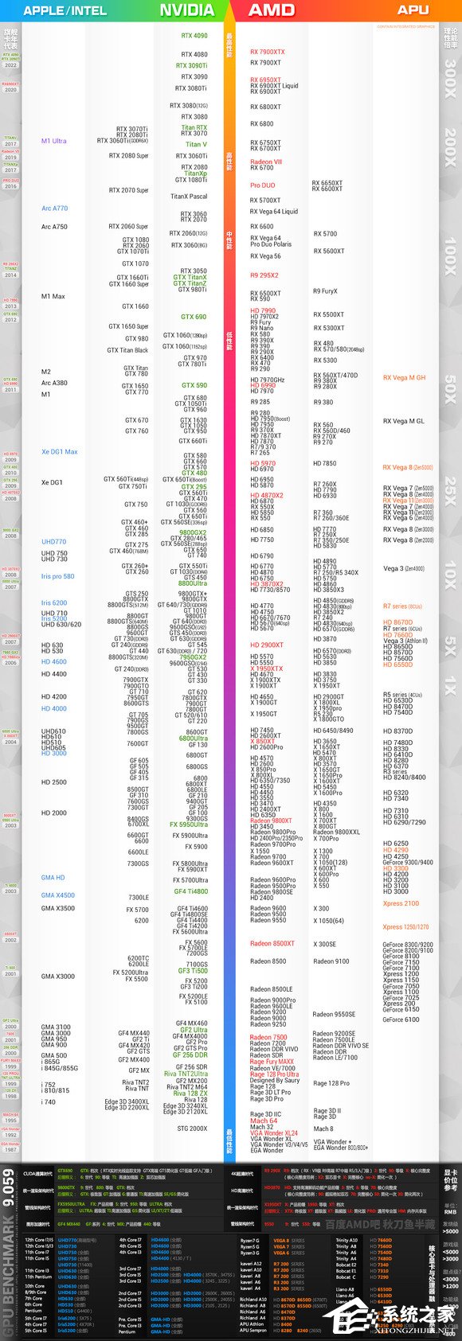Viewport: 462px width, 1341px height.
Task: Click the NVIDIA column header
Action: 186,10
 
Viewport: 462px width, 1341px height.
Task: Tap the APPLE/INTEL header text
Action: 65,11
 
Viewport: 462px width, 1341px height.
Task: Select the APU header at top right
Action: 413,10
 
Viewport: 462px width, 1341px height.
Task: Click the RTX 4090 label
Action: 194,36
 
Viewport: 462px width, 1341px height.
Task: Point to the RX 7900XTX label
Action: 267,53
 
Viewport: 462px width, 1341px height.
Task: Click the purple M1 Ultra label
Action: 54,141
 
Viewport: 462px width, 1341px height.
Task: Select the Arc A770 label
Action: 55,209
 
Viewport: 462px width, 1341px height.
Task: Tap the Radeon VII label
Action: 266,162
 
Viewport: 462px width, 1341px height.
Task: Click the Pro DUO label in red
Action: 262,185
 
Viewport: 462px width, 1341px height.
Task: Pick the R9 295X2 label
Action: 264,275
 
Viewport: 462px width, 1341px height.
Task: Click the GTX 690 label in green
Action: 194,317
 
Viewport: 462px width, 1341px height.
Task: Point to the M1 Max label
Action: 53,297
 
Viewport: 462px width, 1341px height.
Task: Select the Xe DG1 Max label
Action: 60,452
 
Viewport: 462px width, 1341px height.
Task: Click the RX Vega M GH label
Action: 404,378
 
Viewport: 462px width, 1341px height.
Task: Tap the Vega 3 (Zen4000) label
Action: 404,569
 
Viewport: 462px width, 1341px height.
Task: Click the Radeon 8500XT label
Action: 272,944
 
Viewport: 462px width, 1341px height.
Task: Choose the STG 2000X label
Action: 192,1129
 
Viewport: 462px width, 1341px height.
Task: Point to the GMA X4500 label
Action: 58,895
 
